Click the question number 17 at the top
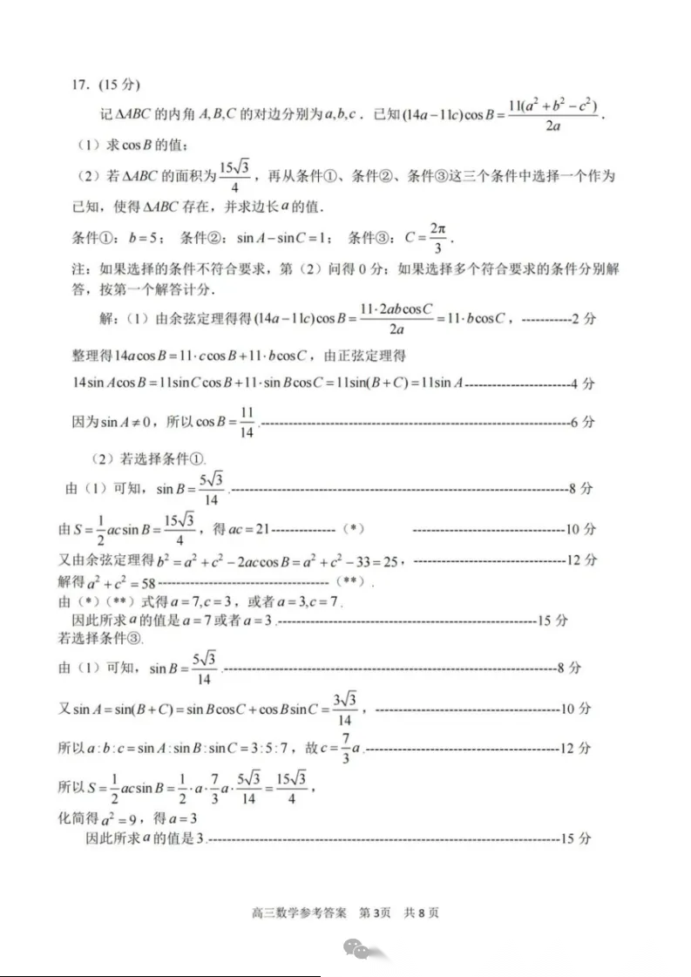(x=81, y=85)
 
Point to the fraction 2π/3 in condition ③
(x=437, y=237)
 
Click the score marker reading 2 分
(x=582, y=320)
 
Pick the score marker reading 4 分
(x=582, y=382)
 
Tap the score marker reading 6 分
(x=582, y=422)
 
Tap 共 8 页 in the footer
(x=422, y=913)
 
